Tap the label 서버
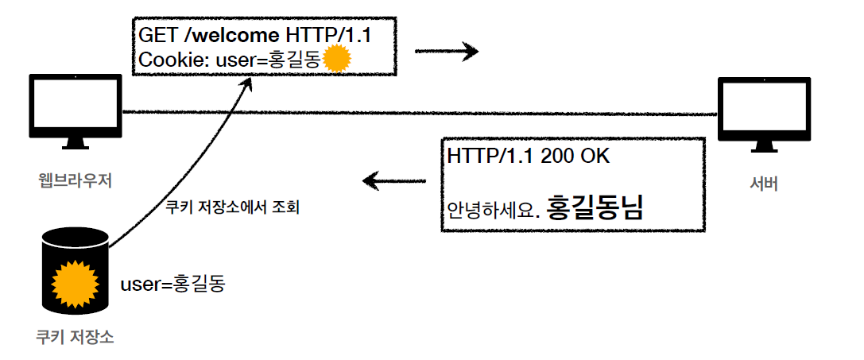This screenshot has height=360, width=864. (x=763, y=184)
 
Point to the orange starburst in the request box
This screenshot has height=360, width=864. (x=337, y=59)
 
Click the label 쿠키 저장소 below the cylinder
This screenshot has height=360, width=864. (x=75, y=336)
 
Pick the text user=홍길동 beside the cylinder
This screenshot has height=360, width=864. (x=172, y=283)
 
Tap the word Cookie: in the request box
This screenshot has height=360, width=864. (x=166, y=60)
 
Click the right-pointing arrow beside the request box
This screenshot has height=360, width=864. (x=447, y=52)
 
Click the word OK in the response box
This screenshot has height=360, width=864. (x=595, y=156)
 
